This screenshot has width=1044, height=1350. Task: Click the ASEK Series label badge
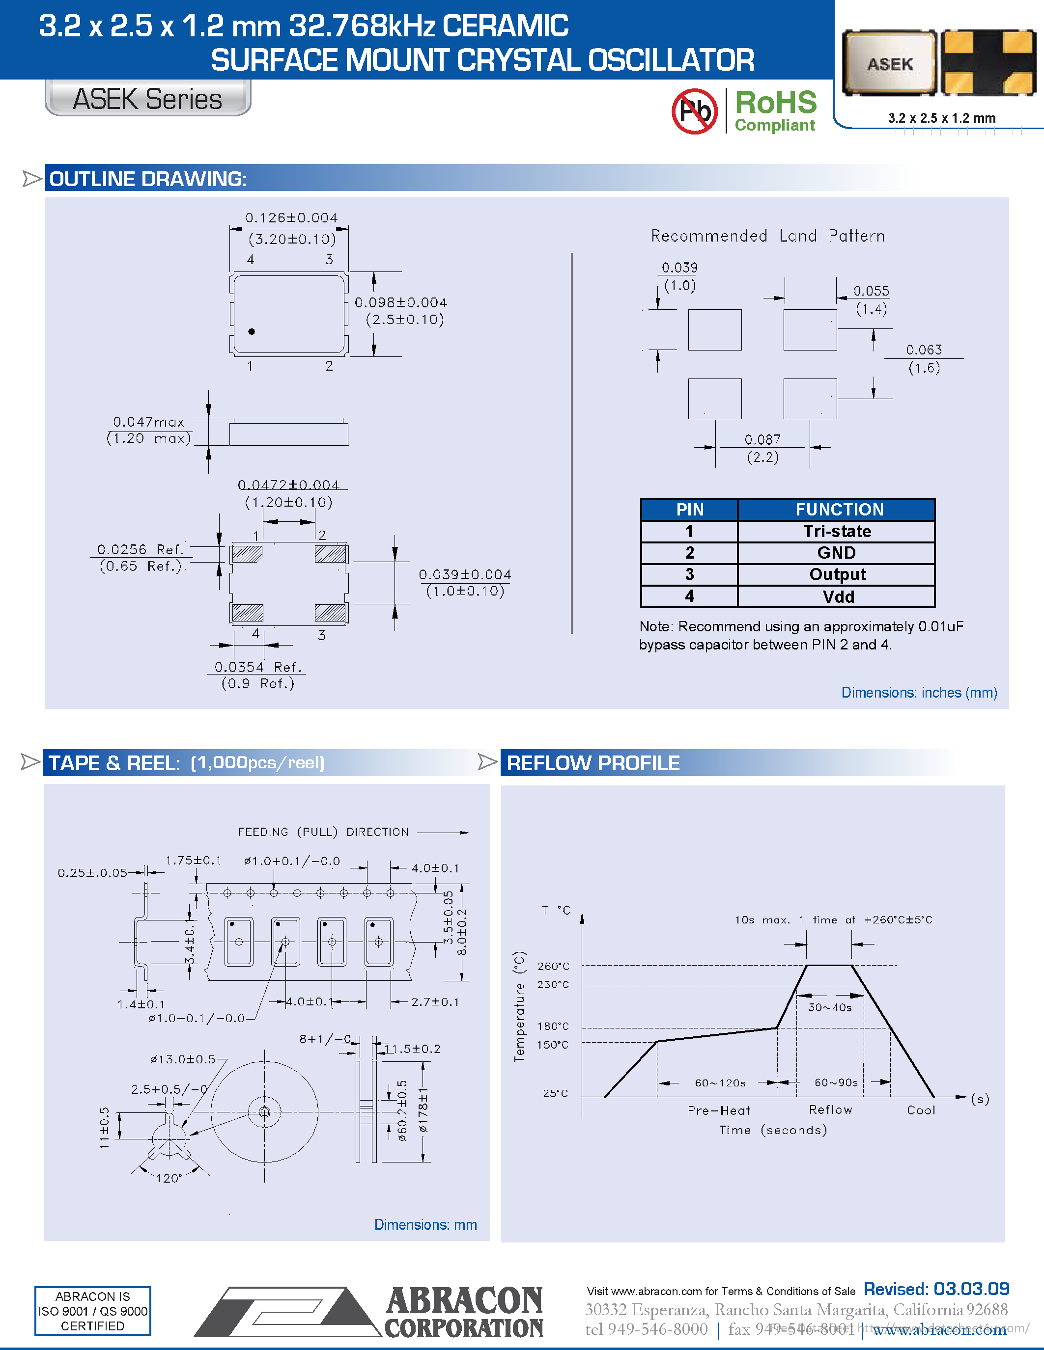(148, 99)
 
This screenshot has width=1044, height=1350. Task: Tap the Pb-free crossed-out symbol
(695, 111)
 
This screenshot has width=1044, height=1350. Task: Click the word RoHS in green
(776, 103)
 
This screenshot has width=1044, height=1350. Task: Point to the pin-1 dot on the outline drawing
(252, 332)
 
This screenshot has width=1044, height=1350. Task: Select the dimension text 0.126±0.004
(291, 218)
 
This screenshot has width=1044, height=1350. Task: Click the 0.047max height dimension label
(148, 422)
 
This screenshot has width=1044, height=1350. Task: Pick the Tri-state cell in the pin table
(837, 532)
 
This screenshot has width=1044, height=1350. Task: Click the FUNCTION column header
(839, 510)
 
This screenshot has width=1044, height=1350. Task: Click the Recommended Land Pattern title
(767, 236)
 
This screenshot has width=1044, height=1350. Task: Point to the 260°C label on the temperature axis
(553, 966)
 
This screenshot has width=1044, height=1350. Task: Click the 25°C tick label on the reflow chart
(555, 1093)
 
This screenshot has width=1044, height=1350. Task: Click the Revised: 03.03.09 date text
(936, 1290)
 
